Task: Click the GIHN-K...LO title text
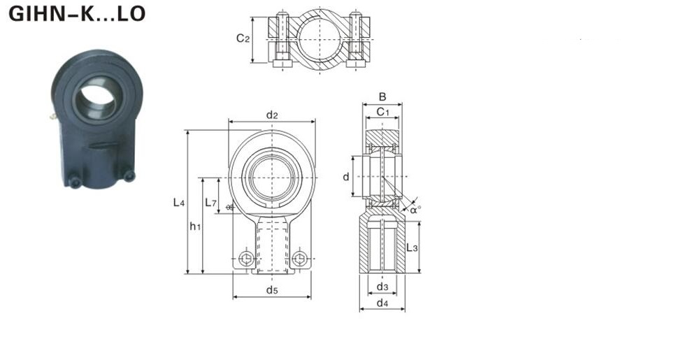click(x=77, y=14)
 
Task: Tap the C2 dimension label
click(x=243, y=38)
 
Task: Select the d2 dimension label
click(x=272, y=115)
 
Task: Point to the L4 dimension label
click(x=178, y=203)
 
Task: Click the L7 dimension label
click(x=211, y=203)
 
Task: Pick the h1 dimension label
click(x=195, y=226)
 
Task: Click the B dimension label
click(x=382, y=97)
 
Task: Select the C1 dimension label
click(x=383, y=112)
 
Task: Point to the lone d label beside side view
click(x=346, y=176)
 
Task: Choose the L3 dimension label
click(x=412, y=247)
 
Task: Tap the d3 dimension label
click(x=382, y=287)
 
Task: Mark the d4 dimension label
click(x=382, y=303)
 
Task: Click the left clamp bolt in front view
click(x=246, y=259)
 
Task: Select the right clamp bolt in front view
click(x=300, y=259)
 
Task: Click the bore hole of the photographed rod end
click(x=97, y=101)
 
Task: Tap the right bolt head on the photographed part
click(x=129, y=175)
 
